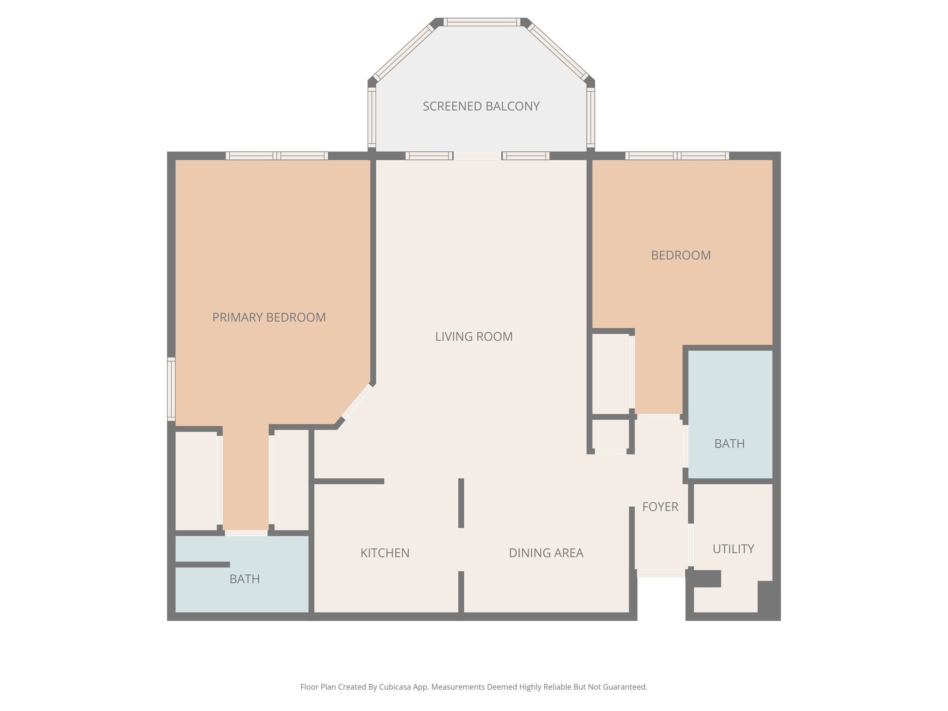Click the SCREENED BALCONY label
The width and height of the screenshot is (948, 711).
[481, 106]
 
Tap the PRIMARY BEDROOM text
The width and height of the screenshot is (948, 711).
[269, 318]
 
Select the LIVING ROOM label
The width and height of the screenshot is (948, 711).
[474, 337]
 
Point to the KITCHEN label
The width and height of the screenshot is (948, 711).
[385, 553]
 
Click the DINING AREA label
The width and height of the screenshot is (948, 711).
[546, 553]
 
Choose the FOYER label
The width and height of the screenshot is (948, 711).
[660, 507]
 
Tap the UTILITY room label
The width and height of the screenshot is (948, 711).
[733, 549]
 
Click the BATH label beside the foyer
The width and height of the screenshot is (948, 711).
[730, 444]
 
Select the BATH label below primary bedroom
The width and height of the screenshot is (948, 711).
[244, 579]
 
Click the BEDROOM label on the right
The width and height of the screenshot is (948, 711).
[680, 256]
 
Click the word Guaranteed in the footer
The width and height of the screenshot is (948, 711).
[623, 687]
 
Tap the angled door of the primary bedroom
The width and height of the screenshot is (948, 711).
[357, 401]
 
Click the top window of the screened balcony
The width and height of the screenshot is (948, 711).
[481, 22]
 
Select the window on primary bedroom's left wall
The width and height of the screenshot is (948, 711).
[171, 389]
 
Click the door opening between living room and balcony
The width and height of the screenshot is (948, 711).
[477, 156]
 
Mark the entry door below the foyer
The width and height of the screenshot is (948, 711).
[661, 574]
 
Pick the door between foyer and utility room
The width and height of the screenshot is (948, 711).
[691, 545]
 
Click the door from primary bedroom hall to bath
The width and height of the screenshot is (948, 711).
[246, 533]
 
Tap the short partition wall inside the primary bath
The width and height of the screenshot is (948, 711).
[202, 564]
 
